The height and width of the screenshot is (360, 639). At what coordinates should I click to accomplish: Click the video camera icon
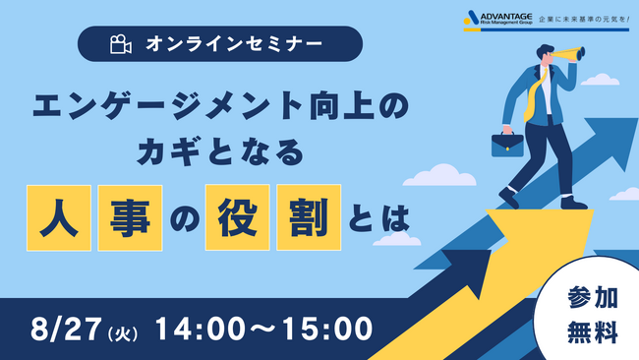coord(120,44)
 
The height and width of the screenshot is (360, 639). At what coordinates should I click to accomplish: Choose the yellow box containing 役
coord(235,216)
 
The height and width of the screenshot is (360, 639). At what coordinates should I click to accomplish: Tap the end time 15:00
coord(323,325)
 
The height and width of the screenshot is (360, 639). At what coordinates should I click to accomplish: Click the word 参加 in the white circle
coord(593,298)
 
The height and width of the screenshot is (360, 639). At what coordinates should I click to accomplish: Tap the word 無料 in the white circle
coord(593,332)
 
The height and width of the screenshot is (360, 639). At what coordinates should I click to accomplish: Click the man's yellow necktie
coord(537,93)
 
